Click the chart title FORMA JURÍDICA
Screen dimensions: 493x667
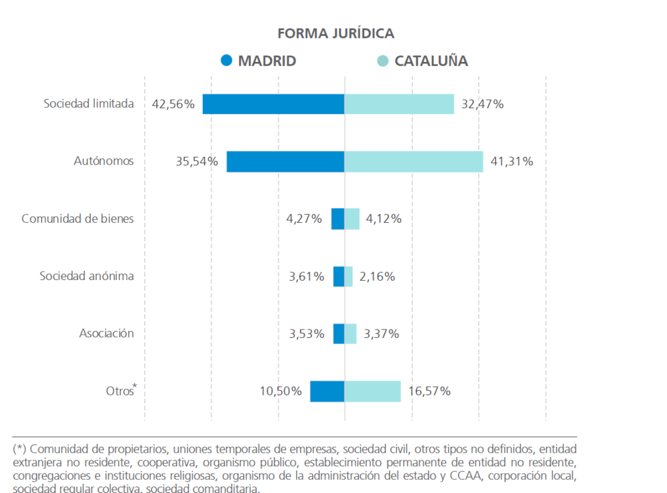point(335,33)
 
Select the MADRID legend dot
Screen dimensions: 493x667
point(226,61)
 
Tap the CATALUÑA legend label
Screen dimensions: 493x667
point(431,61)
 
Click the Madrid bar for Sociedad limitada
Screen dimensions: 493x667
point(273,104)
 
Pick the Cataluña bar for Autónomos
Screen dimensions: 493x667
point(414,162)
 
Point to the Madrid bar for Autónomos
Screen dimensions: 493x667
point(285,162)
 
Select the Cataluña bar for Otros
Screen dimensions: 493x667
point(373,391)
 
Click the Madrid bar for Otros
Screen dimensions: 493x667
point(327,391)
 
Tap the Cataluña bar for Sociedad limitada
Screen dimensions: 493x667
point(399,104)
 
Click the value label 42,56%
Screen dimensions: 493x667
point(173,104)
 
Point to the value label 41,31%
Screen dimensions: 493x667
point(511,162)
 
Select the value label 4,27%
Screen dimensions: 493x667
point(304,219)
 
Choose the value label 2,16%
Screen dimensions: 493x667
point(377,276)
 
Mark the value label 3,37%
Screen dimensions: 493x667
point(381,334)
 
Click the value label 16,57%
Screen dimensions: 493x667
point(429,391)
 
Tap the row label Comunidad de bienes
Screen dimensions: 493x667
point(78,219)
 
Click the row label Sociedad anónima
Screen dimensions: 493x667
point(87,276)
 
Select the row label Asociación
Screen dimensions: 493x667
point(107,333)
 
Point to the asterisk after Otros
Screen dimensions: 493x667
point(135,387)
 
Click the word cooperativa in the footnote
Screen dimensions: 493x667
point(165,463)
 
